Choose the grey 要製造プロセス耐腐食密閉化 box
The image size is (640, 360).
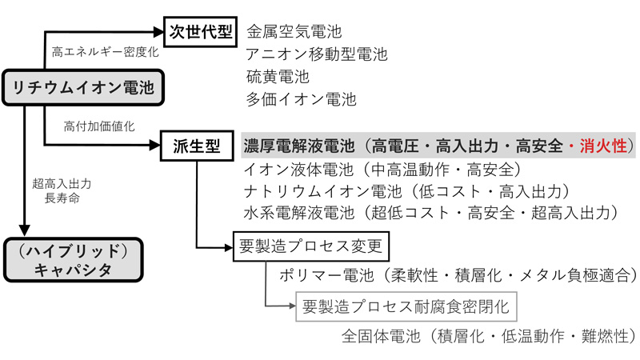pyautogui.click(x=405, y=306)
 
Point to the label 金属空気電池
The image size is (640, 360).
pyautogui.click(x=294, y=33)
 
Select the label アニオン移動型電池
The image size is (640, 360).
pyautogui.click(x=317, y=55)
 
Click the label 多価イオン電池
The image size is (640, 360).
pyautogui.click(x=301, y=99)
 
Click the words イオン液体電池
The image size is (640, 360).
pyautogui.click(x=296, y=169)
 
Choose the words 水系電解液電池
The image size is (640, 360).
pyautogui.click(x=296, y=213)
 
